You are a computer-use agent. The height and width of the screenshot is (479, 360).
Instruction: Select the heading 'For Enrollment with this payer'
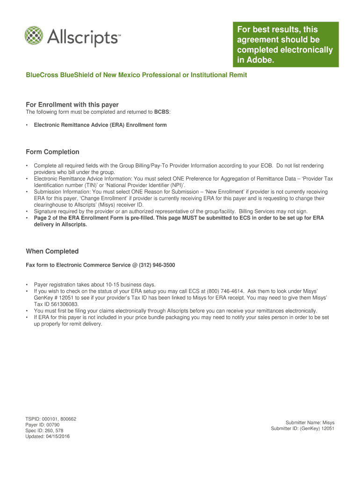(x=72, y=105)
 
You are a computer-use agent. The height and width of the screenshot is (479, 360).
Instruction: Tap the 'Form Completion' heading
(x=52, y=152)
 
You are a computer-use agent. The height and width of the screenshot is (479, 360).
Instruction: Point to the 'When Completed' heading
(x=52, y=251)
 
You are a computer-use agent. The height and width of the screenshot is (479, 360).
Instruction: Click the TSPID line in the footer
(x=50, y=419)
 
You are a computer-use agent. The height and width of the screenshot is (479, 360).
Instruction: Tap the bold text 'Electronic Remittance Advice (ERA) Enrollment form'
(x=100, y=125)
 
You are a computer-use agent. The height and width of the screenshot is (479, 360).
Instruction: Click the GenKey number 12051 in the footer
(x=327, y=428)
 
